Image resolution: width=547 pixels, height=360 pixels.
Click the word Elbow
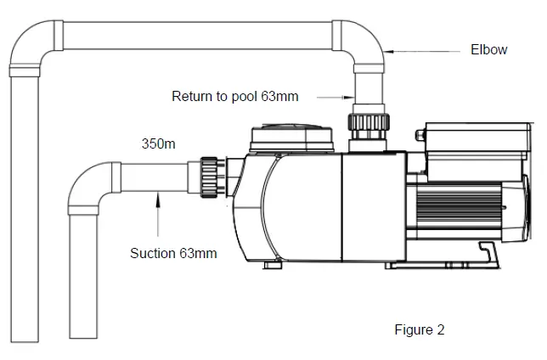488,50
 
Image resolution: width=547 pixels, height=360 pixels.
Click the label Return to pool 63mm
235,96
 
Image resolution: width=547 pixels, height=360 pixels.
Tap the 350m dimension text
158,144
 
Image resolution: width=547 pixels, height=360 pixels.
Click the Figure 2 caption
420,329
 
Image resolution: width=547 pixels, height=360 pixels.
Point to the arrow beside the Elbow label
425,51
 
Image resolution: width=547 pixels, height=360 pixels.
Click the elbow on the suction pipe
86,188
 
